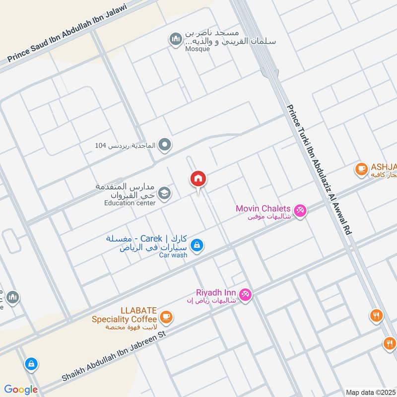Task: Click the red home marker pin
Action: [x=198, y=179]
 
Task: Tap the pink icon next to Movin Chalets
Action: [x=299, y=210]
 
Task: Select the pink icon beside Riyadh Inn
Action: [x=245, y=295]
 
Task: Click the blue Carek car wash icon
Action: [x=197, y=245]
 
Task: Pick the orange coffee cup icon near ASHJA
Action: [x=361, y=169]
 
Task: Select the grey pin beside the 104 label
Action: [x=166, y=145]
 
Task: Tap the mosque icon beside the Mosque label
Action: [x=175, y=40]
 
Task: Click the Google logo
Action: [x=21, y=390]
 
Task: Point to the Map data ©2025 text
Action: [x=370, y=392]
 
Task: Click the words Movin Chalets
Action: [x=263, y=208]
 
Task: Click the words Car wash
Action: [x=173, y=255]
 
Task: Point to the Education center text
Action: [x=130, y=202]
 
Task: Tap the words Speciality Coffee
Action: [x=125, y=319]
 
